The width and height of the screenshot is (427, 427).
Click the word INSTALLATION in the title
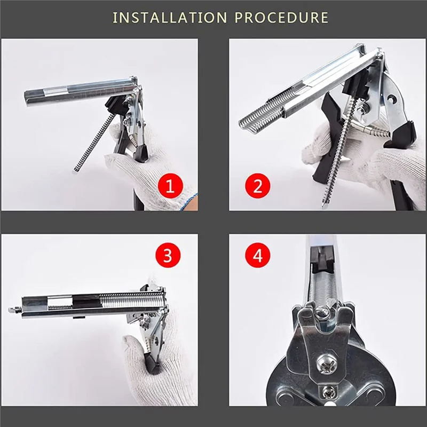[x=170, y=18]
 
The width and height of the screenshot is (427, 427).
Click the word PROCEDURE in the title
[x=282, y=18]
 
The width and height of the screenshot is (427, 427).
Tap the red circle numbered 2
[x=258, y=186]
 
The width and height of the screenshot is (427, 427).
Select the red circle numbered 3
[x=168, y=255]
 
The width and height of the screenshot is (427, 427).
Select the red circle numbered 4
[x=258, y=255]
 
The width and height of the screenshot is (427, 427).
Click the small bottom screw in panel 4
[x=327, y=392]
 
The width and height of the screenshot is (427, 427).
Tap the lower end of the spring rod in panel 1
[x=76, y=170]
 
